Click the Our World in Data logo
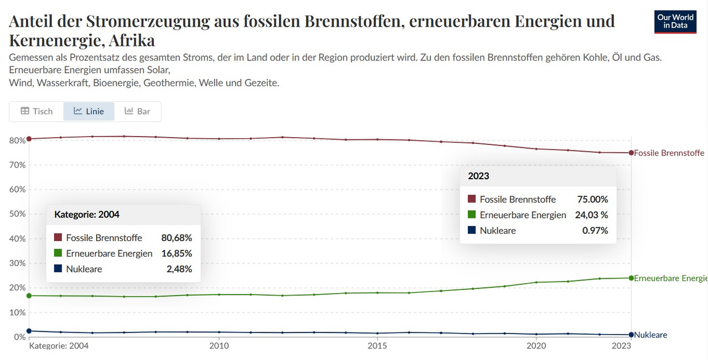point(675,22)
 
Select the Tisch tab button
point(37,111)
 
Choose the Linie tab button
point(88,111)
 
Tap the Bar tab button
point(137,111)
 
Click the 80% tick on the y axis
point(18,140)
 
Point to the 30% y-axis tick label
point(18,263)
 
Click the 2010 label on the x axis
point(219,346)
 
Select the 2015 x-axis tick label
point(377,346)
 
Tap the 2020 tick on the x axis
point(536,346)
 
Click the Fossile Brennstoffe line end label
point(669,153)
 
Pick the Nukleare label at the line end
point(650,335)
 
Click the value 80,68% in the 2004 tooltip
point(176,238)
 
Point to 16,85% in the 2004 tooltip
point(176,253)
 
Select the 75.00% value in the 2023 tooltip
point(592,199)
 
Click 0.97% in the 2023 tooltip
point(595,231)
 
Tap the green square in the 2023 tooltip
point(472,215)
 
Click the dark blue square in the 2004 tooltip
point(58,269)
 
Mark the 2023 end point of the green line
point(631,278)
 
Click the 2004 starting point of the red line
point(29,139)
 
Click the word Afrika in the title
point(132,40)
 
